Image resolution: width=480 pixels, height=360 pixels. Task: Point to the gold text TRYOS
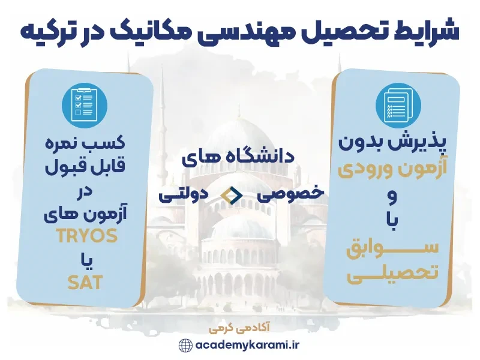coord(87,236)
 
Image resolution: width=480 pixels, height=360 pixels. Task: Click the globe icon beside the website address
coord(185,346)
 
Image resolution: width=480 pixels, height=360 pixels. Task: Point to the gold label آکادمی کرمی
coord(240,329)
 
